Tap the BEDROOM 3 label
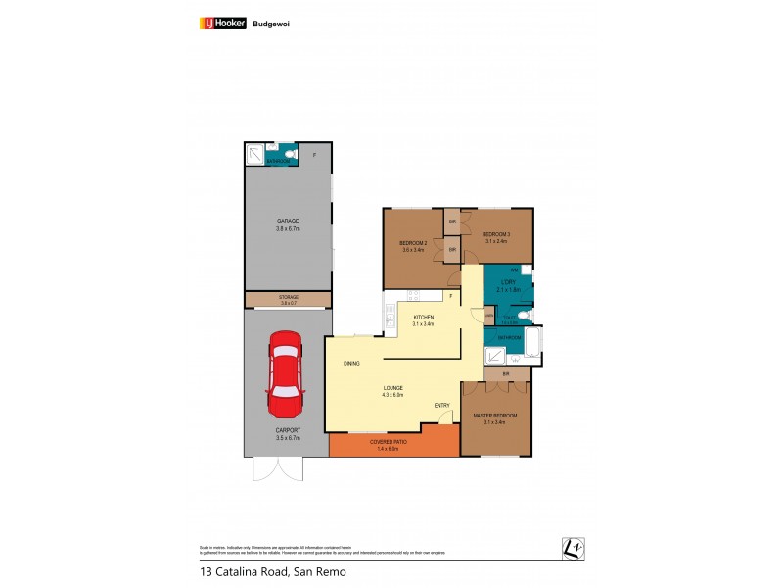point(495,235)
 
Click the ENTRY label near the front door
point(442,405)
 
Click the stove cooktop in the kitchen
point(413,295)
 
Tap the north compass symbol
point(573,549)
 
